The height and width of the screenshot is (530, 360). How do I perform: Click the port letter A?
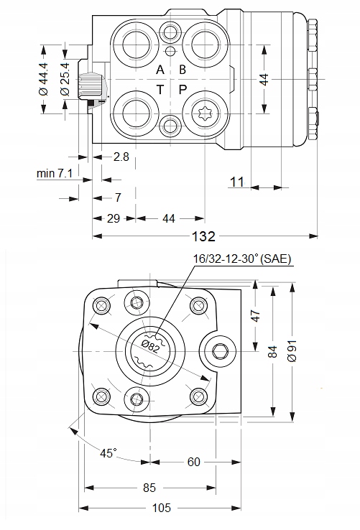click(160, 70)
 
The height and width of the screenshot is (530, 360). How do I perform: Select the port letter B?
click(183, 70)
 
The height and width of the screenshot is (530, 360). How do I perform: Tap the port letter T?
click(160, 90)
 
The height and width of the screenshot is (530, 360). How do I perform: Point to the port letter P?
click(183, 90)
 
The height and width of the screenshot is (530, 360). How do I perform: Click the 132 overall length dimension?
click(203, 236)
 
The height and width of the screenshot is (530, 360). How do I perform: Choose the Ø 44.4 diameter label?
click(44, 79)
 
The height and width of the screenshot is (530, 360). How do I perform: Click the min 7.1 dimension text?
click(55, 173)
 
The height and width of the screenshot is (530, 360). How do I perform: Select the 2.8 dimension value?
click(121, 157)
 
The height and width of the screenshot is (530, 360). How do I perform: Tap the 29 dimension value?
click(114, 218)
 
